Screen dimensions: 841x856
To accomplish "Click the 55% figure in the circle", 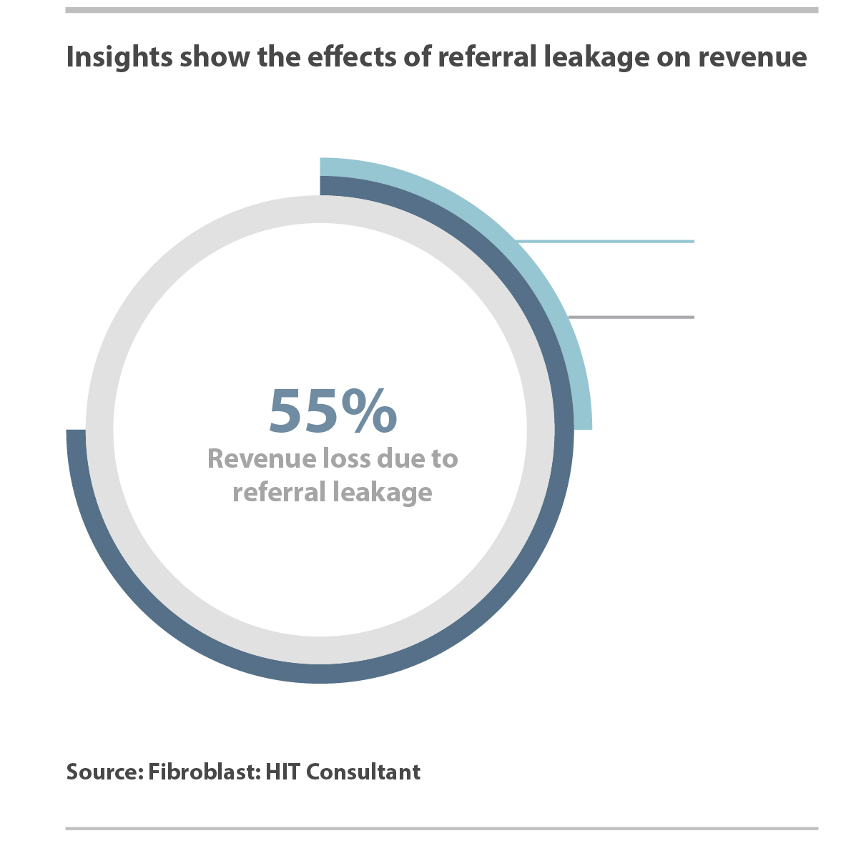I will (333, 411).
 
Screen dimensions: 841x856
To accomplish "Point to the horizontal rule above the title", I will (441, 10).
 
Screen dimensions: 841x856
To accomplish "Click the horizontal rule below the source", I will (441, 829).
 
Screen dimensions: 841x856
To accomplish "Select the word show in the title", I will (215, 56).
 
